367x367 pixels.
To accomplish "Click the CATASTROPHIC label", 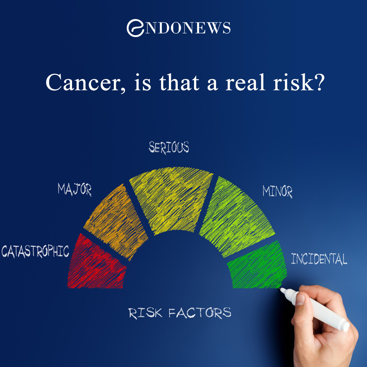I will coord(35,251).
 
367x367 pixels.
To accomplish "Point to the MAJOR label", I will coord(74,189).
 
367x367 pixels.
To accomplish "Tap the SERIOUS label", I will coord(169,147).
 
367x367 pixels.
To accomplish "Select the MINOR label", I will coord(277,192).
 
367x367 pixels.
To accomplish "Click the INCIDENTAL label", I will coord(319,259).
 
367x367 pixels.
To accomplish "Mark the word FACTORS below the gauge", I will coord(200,313).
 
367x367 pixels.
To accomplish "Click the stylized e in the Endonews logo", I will coord(134,28).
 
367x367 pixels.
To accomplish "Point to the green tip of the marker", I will coord(282,289).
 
